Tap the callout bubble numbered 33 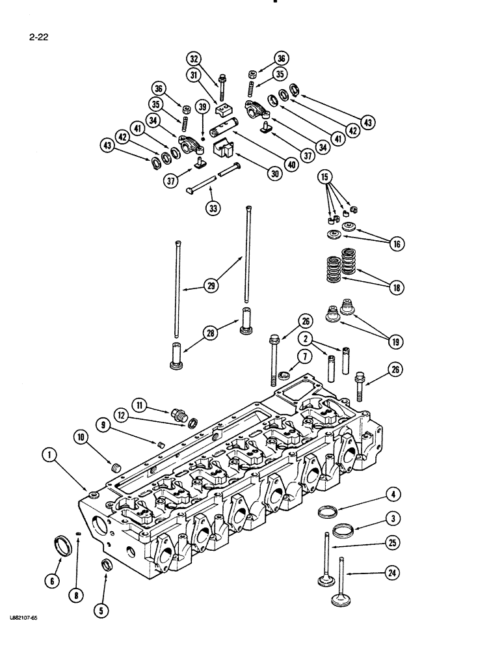(213, 208)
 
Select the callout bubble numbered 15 (324, 176)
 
